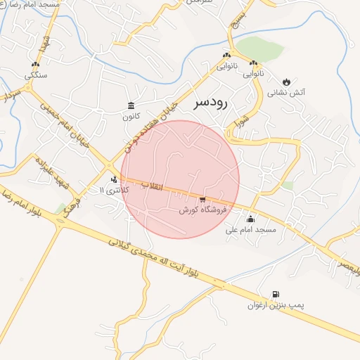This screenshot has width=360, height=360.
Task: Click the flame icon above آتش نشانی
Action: pyautogui.click(x=286, y=82)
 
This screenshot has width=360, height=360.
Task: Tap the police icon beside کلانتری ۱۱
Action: pyautogui.click(x=115, y=179)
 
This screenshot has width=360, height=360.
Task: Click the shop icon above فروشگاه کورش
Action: pyautogui.click(x=202, y=200)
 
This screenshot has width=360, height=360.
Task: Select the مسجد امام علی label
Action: pyautogui.click(x=251, y=230)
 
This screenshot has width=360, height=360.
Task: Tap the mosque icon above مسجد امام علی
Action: pyautogui.click(x=250, y=219)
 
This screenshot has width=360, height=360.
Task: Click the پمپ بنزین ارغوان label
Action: pyautogui.click(x=275, y=306)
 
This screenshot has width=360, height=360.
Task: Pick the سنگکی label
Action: pyautogui.click(x=36, y=75)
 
